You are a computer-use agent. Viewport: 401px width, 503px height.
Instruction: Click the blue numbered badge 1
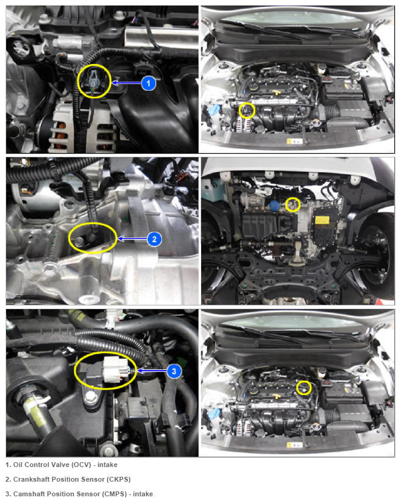pyautogui.click(x=148, y=84)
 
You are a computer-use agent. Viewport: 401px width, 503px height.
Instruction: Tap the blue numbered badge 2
pyautogui.click(x=154, y=239)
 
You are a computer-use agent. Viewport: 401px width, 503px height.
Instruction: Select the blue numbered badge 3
pyautogui.click(x=174, y=371)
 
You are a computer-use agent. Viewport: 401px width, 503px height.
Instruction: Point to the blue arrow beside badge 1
pyautogui.click(x=126, y=83)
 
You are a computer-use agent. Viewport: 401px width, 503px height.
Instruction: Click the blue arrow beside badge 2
pyautogui.click(x=132, y=238)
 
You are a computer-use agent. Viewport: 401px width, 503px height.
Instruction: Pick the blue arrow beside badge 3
pyautogui.click(x=152, y=371)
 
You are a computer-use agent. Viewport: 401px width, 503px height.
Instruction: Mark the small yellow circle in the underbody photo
pyautogui.click(x=293, y=205)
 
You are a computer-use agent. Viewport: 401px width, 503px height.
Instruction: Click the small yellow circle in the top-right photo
pyautogui.click(x=247, y=111)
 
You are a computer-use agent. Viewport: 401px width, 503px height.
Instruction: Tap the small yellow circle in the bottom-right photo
pyautogui.click(x=303, y=388)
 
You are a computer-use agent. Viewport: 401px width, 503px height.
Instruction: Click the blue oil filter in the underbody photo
pyautogui.click(x=274, y=206)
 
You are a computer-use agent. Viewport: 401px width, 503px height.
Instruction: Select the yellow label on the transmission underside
pyautogui.click(x=322, y=219)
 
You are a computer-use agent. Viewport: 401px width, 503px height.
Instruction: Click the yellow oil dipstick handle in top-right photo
pyautogui.click(x=275, y=92)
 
